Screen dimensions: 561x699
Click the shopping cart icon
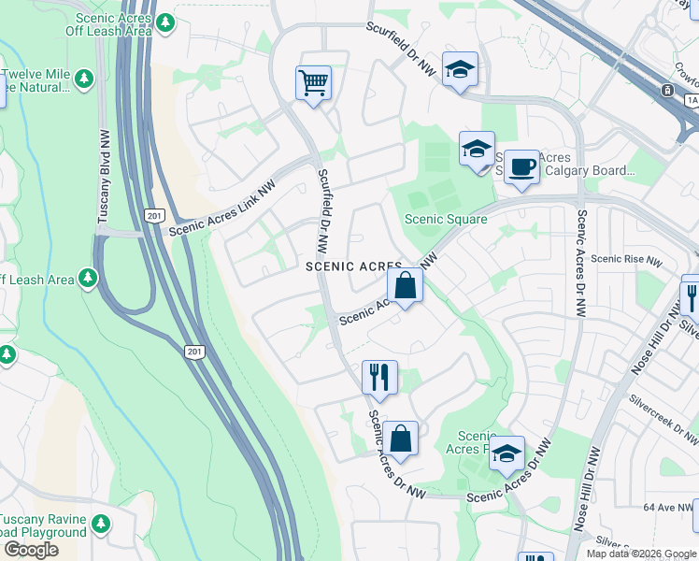coord(314,82)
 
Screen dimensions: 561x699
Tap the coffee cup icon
coord(522,167)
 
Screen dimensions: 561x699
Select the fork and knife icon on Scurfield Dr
coord(379,378)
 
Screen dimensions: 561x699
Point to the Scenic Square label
coord(445,220)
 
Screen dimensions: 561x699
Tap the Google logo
coord(31,550)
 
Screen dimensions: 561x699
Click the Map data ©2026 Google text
coord(640,554)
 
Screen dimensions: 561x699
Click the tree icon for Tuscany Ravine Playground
coord(100,524)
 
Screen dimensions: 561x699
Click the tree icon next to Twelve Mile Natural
coord(84,78)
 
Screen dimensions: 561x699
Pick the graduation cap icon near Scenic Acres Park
coord(507,453)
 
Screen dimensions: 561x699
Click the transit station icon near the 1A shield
coord(667,91)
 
